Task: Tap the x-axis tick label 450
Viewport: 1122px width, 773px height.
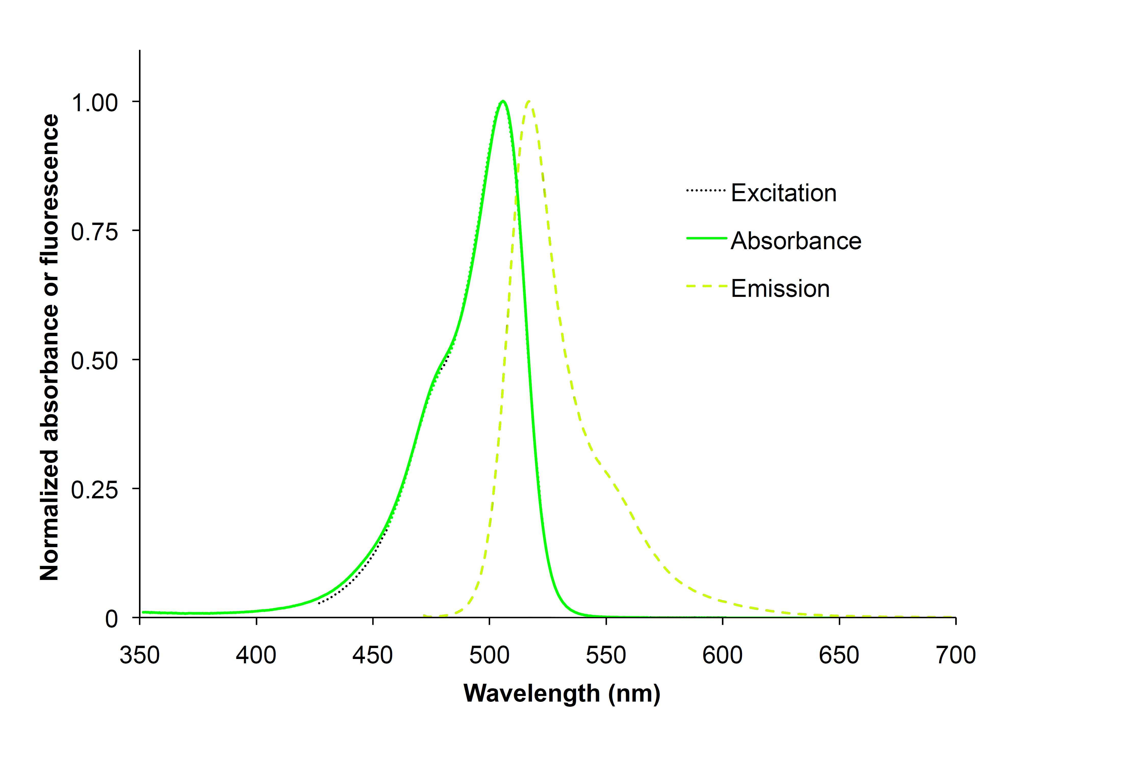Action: coord(372,655)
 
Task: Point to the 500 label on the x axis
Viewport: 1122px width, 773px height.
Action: coord(489,655)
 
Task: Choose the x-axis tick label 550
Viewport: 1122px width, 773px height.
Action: coord(606,655)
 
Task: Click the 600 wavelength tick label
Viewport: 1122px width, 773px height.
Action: coord(722,655)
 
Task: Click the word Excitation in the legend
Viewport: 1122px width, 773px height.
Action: coord(784,193)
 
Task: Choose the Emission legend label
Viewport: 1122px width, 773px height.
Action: coord(780,289)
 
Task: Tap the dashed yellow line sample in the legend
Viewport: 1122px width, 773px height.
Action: coord(707,286)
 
